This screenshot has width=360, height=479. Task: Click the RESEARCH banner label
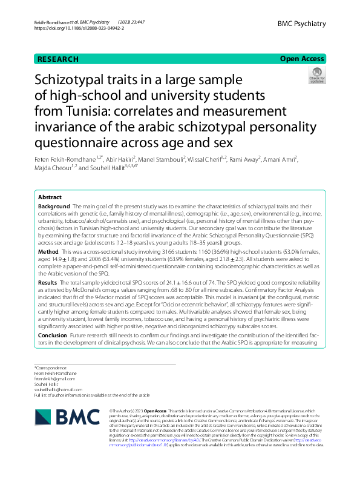pos(58,59)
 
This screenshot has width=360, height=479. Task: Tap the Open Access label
pos(303,59)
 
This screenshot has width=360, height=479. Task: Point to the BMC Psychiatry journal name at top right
pos(301,24)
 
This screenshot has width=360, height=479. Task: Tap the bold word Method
pos(48,251)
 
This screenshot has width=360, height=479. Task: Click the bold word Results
pos(48,283)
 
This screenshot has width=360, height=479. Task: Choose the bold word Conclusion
pos(53,334)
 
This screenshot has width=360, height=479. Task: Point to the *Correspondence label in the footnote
pos(48,368)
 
